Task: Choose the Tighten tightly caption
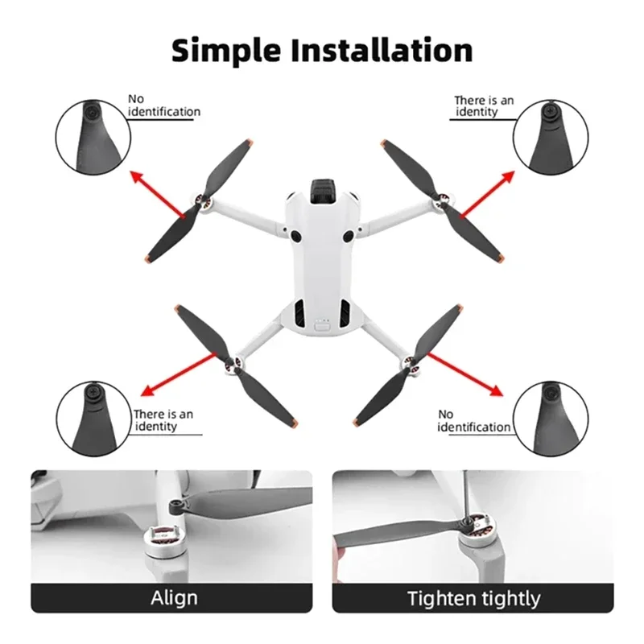[x=473, y=599]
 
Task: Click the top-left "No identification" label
[x=163, y=106]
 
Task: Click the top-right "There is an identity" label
[x=483, y=106]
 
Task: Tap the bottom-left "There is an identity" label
[x=163, y=419]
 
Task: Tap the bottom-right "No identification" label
[x=473, y=420]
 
